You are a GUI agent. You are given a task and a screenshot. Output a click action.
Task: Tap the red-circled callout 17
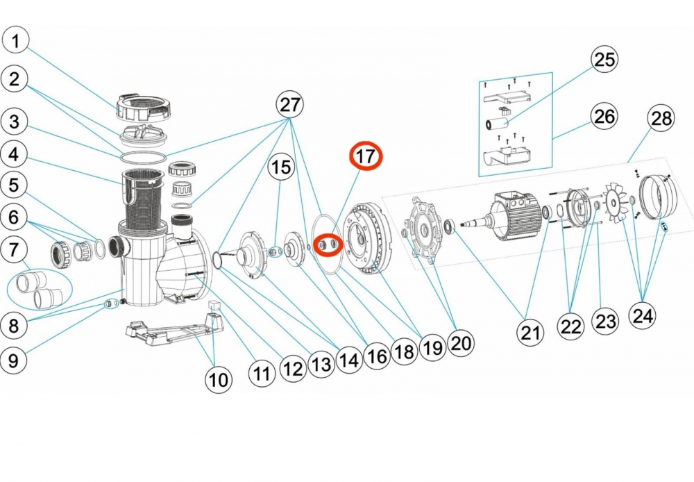[366, 156]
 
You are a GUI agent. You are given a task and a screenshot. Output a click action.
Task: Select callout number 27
[289, 105]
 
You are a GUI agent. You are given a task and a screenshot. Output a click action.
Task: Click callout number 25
[604, 60]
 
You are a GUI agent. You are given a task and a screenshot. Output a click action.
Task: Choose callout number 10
[218, 379]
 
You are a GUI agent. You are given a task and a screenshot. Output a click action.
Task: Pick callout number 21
[530, 334]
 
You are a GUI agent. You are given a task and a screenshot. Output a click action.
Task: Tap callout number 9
[17, 360]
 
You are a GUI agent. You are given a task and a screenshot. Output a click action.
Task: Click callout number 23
[605, 322]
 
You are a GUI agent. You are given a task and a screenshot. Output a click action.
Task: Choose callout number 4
[17, 153]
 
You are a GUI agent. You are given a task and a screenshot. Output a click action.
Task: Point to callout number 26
[604, 116]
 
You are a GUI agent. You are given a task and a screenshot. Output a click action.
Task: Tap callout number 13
[321, 363]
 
